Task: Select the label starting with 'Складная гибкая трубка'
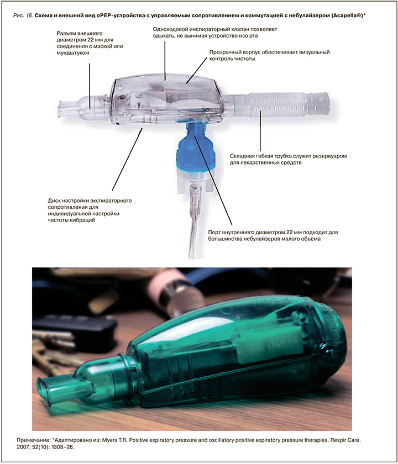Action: coord(288,159)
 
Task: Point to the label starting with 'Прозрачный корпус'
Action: coord(270,55)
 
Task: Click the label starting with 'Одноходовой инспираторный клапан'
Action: coord(215,33)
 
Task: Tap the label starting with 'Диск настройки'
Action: coord(90,210)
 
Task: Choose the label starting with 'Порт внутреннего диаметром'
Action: coord(273,235)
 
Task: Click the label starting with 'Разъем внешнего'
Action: coord(90,43)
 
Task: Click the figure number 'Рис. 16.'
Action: coord(23,15)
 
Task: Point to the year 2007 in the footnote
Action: coord(23,447)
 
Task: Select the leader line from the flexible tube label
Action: coord(260,131)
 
